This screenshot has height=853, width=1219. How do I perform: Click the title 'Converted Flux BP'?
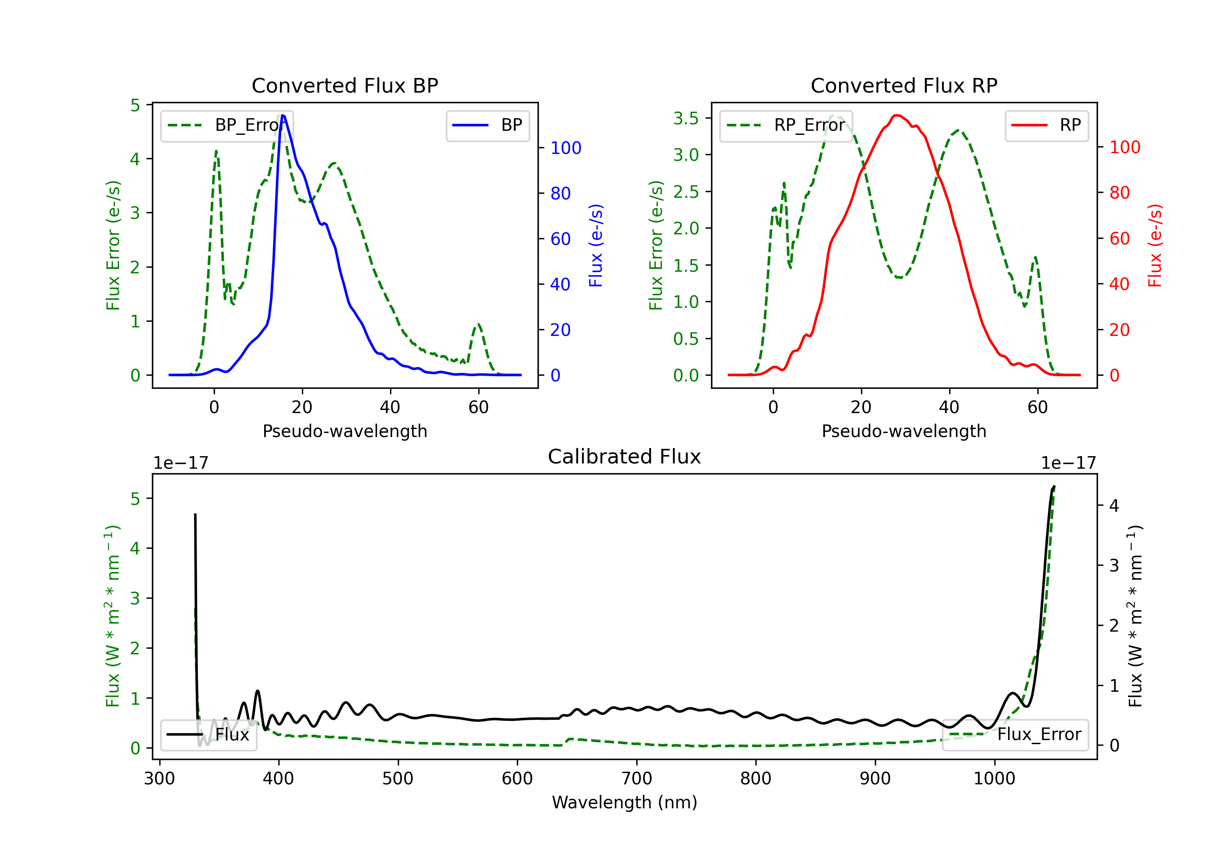[345, 85]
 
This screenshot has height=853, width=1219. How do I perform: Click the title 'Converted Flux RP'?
[904, 85]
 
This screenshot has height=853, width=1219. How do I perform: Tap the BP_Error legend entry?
[227, 125]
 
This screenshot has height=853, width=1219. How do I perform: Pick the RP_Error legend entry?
[786, 125]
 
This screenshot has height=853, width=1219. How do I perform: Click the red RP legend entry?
[1046, 125]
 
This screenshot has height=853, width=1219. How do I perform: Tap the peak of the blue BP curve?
[283, 115]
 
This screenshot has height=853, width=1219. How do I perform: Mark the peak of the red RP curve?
[897, 115]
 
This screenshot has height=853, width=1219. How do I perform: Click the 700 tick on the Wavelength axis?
[637, 779]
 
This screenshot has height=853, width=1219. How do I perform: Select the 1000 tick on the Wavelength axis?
[994, 779]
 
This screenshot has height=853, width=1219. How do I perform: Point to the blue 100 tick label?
[566, 148]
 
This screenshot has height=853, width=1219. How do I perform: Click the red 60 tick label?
[1120, 239]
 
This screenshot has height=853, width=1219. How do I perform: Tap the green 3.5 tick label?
[686, 118]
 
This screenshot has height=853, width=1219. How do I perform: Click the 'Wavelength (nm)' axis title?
[625, 802]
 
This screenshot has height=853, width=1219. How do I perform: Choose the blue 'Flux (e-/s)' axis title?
[596, 245]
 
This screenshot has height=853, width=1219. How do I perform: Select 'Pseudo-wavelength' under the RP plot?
[904, 431]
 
